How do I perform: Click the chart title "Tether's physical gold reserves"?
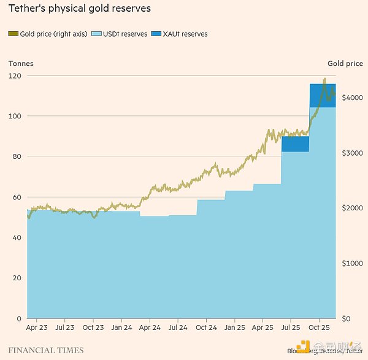tap(80, 9)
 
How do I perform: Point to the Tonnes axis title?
tap(21, 63)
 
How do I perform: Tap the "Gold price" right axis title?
tap(345, 63)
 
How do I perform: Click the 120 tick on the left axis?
tap(15, 75)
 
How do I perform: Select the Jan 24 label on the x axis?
tap(121, 328)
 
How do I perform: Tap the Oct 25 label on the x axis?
tap(319, 328)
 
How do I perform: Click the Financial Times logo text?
tap(46, 350)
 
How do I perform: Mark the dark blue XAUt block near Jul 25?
tap(295, 144)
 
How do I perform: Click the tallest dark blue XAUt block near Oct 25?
tap(322, 96)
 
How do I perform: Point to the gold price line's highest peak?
tap(324, 79)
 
